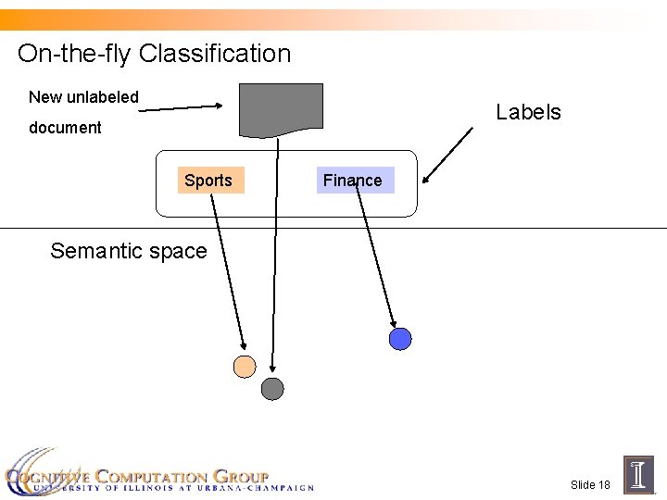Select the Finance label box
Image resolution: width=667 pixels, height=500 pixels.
click(355, 180)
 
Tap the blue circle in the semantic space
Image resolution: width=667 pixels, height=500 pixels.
click(400, 339)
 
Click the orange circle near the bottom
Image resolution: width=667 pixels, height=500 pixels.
click(245, 367)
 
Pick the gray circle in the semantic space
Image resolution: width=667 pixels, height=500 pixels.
click(272, 389)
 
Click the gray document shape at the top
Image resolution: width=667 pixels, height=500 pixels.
click(281, 108)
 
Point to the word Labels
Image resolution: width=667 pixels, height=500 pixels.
click(528, 112)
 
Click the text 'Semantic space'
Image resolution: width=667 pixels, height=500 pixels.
click(129, 251)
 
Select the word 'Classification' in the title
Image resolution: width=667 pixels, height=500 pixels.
click(215, 54)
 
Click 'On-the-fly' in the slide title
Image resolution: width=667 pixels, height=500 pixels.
click(75, 54)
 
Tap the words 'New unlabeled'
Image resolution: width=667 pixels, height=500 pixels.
click(83, 97)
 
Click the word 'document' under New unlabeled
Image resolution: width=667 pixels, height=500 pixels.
click(65, 128)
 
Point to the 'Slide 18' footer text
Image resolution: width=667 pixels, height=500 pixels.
click(590, 484)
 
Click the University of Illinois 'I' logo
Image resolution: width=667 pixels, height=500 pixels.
click(639, 474)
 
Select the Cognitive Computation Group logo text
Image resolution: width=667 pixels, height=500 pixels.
click(157, 476)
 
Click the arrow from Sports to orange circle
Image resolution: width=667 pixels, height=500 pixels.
click(226, 269)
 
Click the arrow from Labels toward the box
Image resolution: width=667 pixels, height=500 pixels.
click(446, 156)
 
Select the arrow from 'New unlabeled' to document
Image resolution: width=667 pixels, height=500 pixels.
click(181, 108)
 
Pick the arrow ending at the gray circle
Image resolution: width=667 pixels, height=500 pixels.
click(275, 259)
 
